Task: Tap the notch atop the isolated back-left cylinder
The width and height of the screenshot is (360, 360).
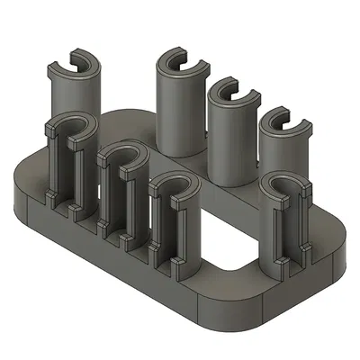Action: tap(75, 63)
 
